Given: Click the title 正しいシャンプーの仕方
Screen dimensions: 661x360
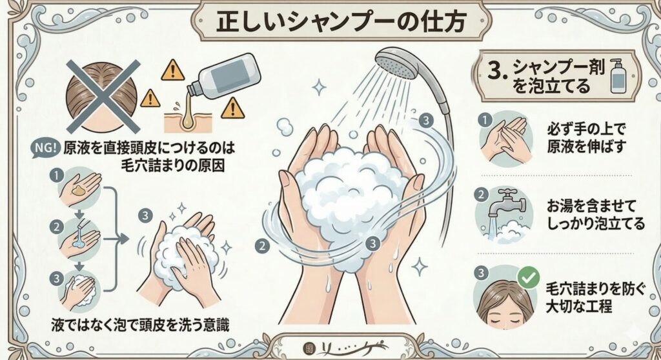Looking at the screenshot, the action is (x=341, y=21).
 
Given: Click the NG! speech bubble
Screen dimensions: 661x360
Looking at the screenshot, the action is (x=44, y=148).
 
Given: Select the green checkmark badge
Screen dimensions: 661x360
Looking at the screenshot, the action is (x=528, y=277).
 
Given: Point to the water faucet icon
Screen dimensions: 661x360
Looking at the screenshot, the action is (x=506, y=205).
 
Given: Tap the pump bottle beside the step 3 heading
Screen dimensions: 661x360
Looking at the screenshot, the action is (x=619, y=75).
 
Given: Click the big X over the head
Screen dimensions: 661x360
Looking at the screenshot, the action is (x=103, y=96).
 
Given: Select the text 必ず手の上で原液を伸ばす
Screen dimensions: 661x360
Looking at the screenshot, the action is (x=586, y=137).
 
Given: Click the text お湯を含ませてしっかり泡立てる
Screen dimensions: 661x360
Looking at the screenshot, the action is (x=595, y=215).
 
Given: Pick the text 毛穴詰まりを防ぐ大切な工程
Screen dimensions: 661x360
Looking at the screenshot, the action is (x=595, y=297).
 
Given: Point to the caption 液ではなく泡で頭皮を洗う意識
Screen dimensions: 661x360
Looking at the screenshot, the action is (x=140, y=325).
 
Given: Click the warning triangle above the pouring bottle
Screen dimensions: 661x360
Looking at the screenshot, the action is (x=172, y=70).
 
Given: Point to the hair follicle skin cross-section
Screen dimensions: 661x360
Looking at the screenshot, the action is (x=188, y=119).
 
